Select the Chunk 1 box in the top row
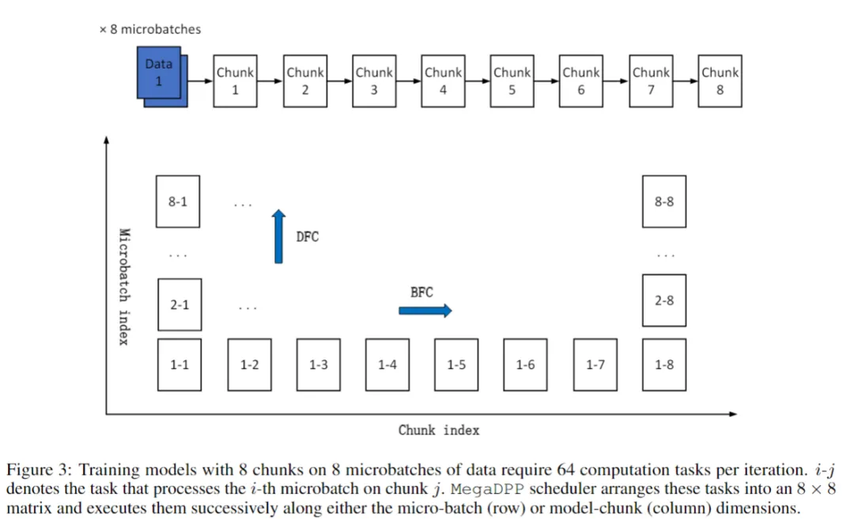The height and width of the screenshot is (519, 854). (x=235, y=81)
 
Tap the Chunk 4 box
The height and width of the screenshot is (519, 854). (x=443, y=81)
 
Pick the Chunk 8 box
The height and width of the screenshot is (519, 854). (x=720, y=81)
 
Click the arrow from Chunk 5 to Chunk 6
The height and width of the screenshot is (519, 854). (x=546, y=81)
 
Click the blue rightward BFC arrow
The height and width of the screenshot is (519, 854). (x=425, y=310)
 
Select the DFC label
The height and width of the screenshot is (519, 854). (x=308, y=237)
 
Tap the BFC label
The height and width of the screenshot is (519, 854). (x=421, y=292)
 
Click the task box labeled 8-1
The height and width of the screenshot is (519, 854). (x=179, y=201)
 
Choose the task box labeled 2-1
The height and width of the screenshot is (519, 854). (x=179, y=304)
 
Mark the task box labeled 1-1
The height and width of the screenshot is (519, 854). (x=179, y=364)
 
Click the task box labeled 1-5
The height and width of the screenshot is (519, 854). (x=456, y=364)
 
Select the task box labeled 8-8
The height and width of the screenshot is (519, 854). (x=664, y=201)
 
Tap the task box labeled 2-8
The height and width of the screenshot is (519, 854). (x=664, y=300)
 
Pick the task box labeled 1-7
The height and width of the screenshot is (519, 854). (x=595, y=364)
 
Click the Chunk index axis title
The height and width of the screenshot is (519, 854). (x=439, y=431)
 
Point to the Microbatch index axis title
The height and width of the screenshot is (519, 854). (x=123, y=287)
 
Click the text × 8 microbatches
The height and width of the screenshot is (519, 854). (x=149, y=29)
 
